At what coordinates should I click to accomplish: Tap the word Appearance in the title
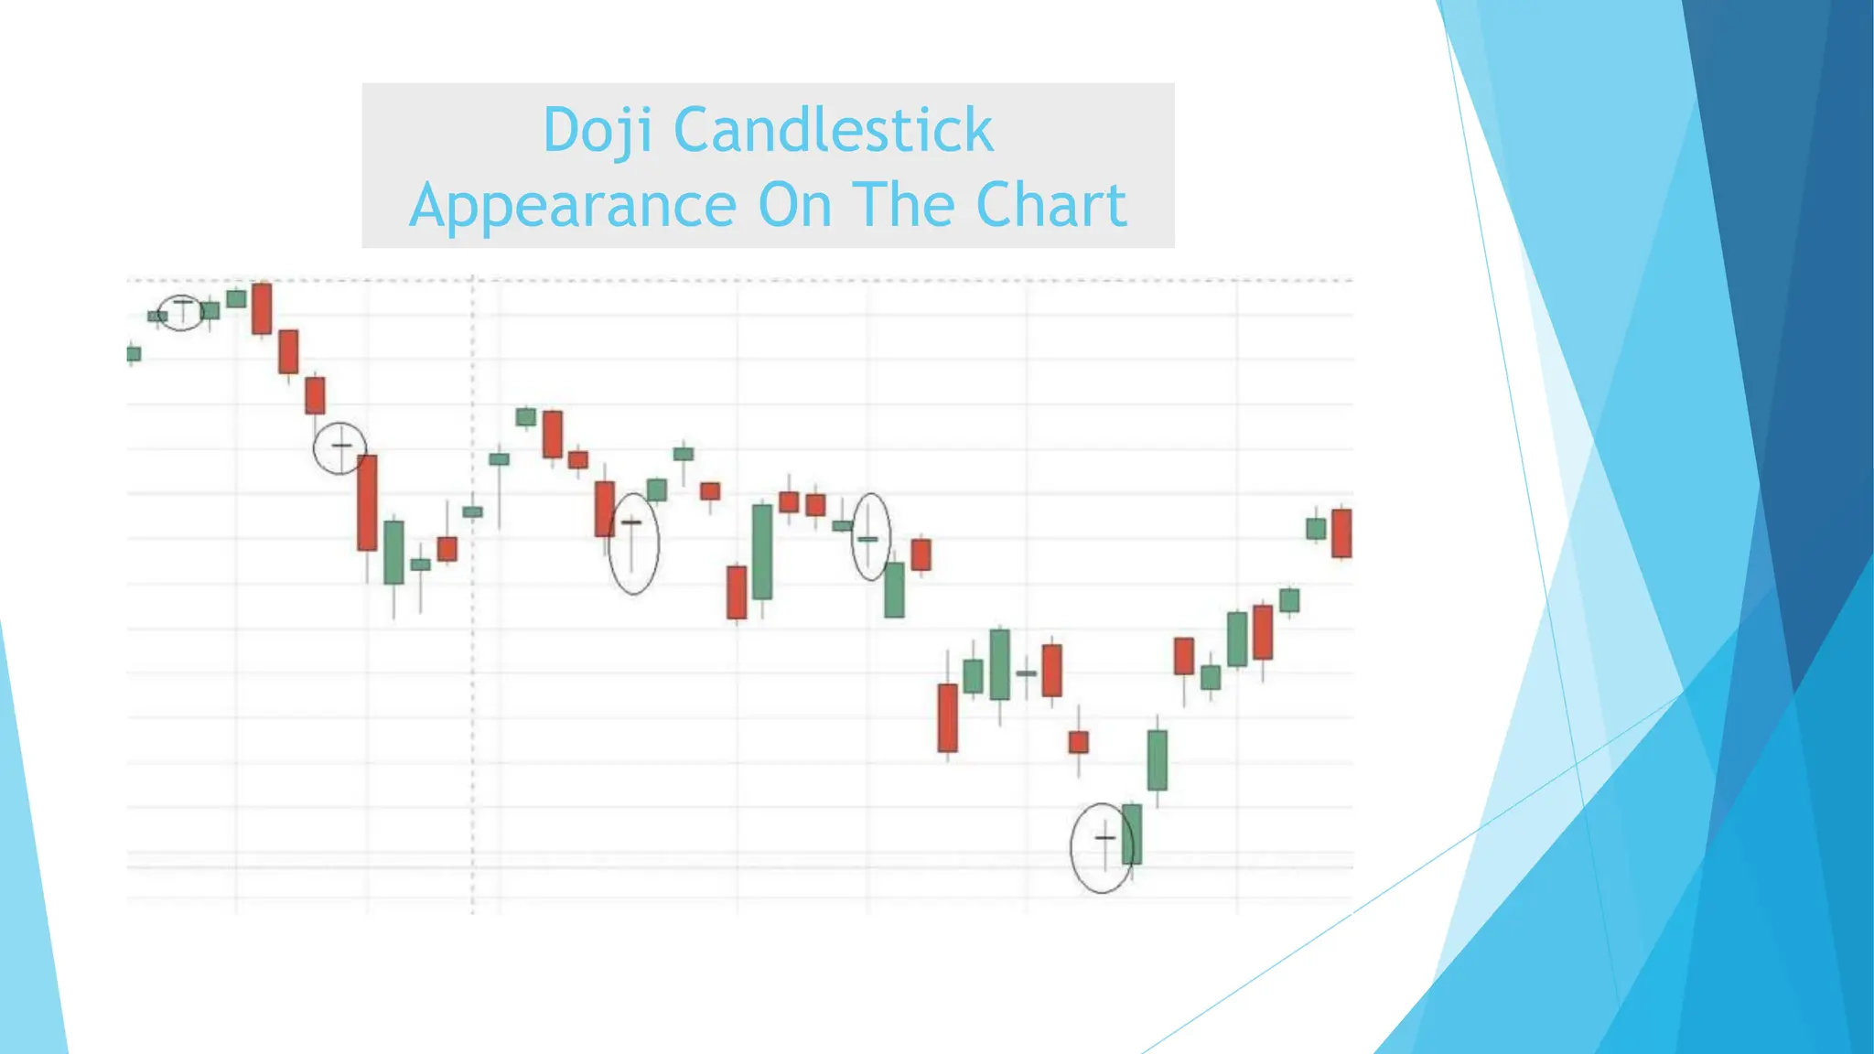tap(573, 205)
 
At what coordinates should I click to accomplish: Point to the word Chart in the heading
tap(1051, 205)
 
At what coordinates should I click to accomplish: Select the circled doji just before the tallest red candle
tap(340, 446)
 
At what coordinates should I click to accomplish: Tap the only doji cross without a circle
tap(1026, 674)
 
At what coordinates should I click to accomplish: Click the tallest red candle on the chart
tap(367, 502)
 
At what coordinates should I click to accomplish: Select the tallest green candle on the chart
tap(762, 552)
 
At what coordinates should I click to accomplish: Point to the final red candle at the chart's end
tap(1341, 532)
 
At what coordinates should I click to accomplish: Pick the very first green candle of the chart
tap(134, 353)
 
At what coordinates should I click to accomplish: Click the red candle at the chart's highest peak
tap(262, 308)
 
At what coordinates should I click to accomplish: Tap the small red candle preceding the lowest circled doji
tap(1079, 742)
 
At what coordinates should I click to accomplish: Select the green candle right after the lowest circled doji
tap(1132, 834)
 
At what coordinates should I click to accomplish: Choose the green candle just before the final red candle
tap(1316, 528)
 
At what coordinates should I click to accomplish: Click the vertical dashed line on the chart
tap(473, 640)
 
